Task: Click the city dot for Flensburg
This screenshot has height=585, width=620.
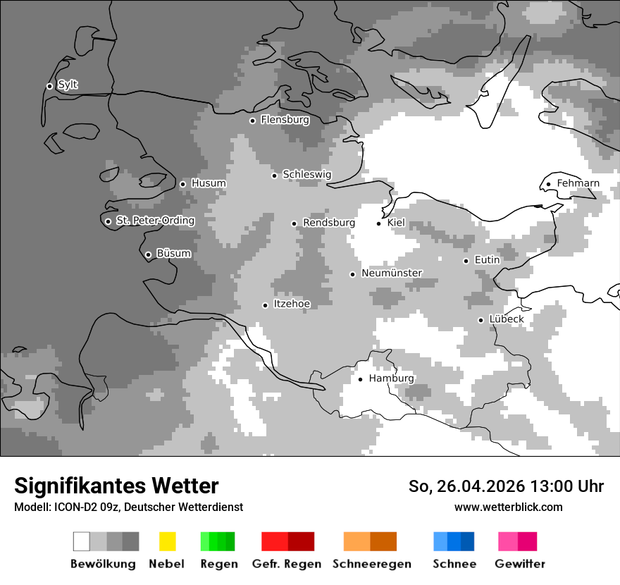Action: pyautogui.click(x=252, y=121)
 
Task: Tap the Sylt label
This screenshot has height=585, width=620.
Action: pyautogui.click(x=68, y=85)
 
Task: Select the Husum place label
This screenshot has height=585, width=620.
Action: pyautogui.click(x=209, y=183)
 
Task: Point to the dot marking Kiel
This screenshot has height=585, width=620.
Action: pyautogui.click(x=379, y=223)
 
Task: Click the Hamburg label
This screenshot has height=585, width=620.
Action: pyautogui.click(x=391, y=378)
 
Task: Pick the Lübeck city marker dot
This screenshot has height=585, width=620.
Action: pyautogui.click(x=481, y=320)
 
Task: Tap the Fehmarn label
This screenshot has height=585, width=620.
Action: pyautogui.click(x=578, y=183)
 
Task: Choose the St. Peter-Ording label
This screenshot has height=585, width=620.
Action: pyautogui.click(x=155, y=221)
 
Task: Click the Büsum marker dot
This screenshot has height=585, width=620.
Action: pyautogui.click(x=148, y=255)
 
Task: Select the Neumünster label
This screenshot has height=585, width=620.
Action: pyautogui.click(x=392, y=273)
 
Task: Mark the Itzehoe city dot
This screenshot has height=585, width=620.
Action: pyautogui.click(x=265, y=305)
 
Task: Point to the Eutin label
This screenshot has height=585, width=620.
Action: pyautogui.click(x=487, y=260)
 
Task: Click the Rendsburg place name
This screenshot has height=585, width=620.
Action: pyautogui.click(x=328, y=223)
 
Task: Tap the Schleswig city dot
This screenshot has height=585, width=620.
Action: pyautogui.click(x=275, y=175)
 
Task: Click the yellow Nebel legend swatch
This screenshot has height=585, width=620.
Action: pyautogui.click(x=167, y=541)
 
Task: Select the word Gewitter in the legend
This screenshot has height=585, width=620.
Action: pyautogui.click(x=520, y=564)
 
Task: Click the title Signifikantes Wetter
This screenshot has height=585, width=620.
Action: pyautogui.click(x=116, y=486)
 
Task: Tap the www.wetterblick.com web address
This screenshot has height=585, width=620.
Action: pyautogui.click(x=508, y=507)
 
